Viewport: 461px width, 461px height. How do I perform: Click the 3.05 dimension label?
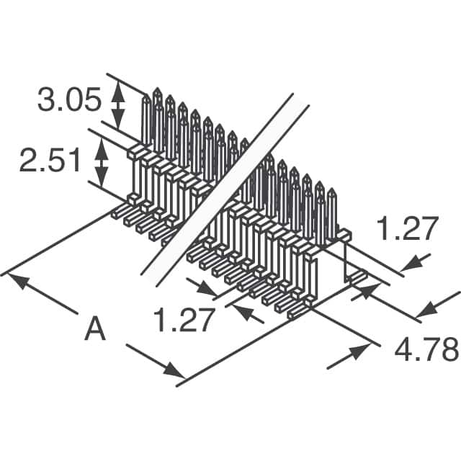click(68, 101)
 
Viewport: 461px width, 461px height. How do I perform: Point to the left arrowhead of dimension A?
click(22, 281)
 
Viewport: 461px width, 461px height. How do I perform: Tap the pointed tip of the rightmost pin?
click(331, 191)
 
